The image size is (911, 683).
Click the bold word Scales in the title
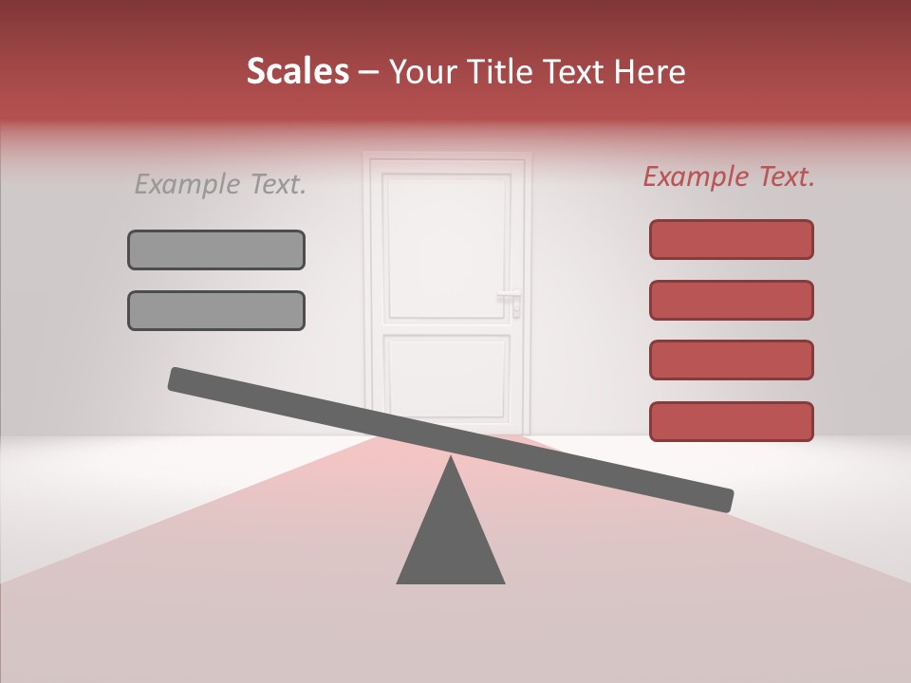297,71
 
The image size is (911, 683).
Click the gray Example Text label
220,185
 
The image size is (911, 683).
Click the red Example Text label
729,176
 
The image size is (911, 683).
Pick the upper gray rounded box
216,249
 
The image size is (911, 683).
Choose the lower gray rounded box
216,310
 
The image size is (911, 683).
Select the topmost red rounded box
731,239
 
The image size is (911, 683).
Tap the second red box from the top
731,300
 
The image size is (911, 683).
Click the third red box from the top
731,360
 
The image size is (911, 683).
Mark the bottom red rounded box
731,421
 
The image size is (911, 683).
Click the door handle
511,297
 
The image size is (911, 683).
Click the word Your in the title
419,71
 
